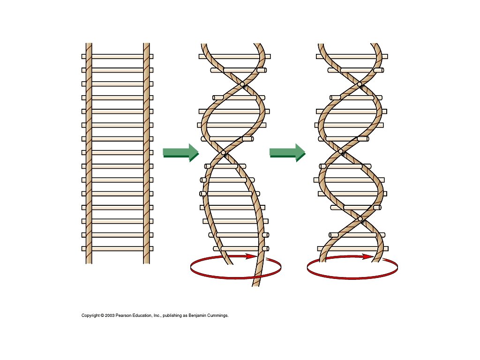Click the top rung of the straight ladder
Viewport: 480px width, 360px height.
point(117,56)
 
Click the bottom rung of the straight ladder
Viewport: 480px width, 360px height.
point(117,248)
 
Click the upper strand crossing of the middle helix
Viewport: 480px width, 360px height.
point(242,84)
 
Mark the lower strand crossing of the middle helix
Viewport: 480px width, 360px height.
point(223,152)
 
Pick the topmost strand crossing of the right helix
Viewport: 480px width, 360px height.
point(360,84)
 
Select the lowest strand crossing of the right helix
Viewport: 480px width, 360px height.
point(360,219)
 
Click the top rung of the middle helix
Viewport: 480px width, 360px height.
point(234,56)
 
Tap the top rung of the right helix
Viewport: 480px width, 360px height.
point(352,56)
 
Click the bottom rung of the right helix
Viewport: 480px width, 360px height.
point(352,248)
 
